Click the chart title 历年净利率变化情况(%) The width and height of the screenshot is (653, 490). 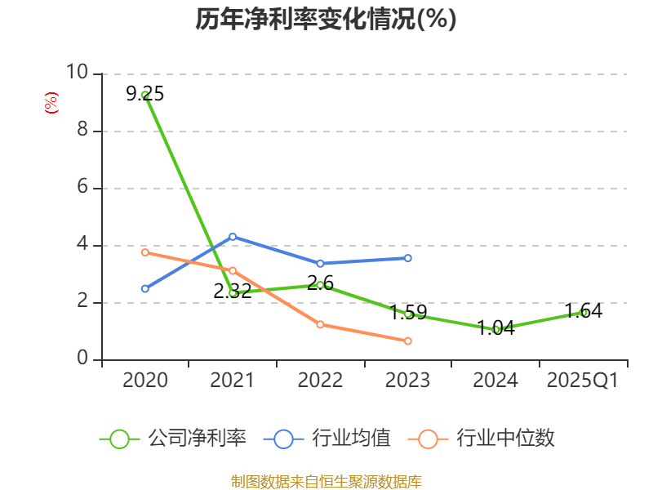tap(326, 20)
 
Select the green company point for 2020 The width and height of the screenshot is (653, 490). tap(145, 96)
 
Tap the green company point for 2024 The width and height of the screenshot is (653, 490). tap(495, 329)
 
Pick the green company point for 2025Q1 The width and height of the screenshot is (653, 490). tap(583, 312)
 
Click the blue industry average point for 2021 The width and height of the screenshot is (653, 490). tap(233, 237)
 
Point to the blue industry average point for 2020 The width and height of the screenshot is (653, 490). tap(145, 288)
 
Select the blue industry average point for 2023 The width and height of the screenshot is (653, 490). tap(408, 258)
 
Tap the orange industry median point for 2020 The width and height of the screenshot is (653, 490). tap(145, 252)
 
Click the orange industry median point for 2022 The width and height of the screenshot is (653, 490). tap(320, 324)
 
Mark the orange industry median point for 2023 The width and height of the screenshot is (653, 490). tap(408, 341)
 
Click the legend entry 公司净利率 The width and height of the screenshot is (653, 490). tap(174, 439)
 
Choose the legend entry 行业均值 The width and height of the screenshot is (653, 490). tap(328, 439)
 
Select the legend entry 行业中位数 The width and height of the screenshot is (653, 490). tap(487, 439)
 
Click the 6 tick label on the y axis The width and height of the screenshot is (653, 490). tap(82, 188)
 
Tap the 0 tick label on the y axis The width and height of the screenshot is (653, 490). tap(82, 359)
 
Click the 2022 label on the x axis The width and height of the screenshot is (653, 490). tap(320, 381)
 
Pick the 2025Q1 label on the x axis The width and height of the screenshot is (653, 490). tap(583, 381)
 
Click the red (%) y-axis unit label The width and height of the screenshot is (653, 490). tap(51, 103)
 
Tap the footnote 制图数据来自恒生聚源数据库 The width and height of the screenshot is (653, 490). tap(326, 481)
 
